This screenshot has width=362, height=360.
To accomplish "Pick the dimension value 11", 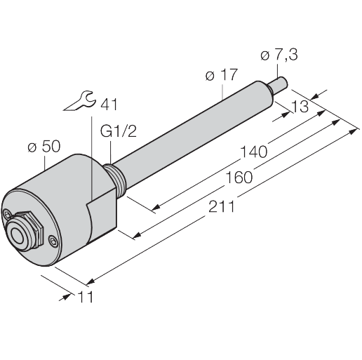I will tap(85, 298).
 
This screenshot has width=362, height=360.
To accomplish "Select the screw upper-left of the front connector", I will tap(8, 211).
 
